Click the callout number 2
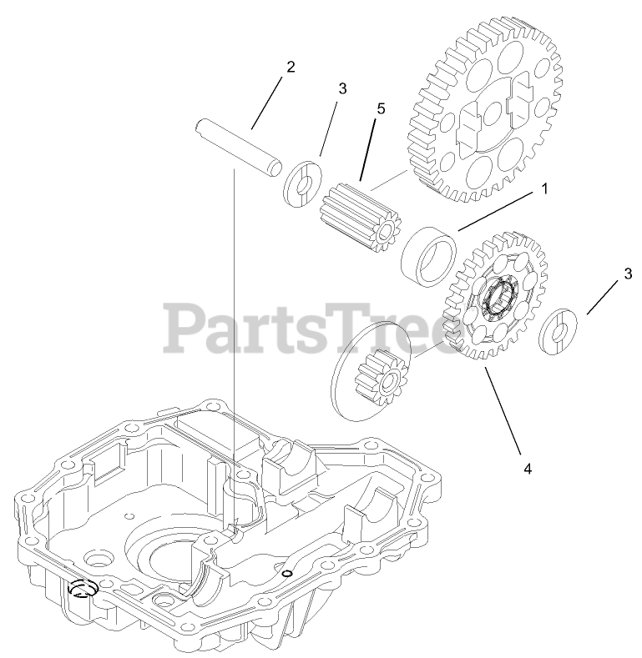point(290,68)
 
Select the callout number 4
point(527,469)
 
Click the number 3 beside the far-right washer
point(627,273)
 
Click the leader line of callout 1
point(497,209)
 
